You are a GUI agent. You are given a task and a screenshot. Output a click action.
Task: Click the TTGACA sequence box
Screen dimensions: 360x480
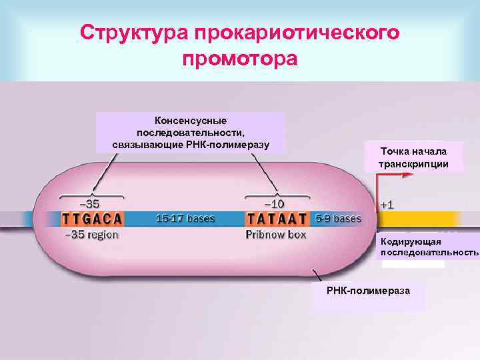(x=93, y=219)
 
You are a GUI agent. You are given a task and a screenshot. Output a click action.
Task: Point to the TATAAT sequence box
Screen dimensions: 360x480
(x=277, y=219)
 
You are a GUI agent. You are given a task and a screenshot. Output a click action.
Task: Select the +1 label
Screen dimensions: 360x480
(x=387, y=204)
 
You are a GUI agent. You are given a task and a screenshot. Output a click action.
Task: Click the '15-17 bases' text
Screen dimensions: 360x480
(x=185, y=218)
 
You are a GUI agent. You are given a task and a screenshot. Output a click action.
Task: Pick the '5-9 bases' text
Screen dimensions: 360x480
(x=338, y=218)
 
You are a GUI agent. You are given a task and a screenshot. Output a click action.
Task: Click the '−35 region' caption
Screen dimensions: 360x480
(x=91, y=235)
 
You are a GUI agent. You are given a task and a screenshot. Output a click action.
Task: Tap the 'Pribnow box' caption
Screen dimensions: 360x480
(x=276, y=235)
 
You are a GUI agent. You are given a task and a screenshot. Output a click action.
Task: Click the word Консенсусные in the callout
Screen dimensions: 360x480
(x=191, y=121)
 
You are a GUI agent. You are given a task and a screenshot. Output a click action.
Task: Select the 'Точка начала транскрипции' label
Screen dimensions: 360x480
(x=413, y=157)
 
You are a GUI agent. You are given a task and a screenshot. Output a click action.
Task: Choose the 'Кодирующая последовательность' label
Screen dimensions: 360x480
(x=429, y=247)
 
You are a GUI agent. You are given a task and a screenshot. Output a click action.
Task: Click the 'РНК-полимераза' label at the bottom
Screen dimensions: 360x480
(x=368, y=291)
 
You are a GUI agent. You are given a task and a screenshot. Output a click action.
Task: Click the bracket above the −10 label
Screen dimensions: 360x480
(x=277, y=195)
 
